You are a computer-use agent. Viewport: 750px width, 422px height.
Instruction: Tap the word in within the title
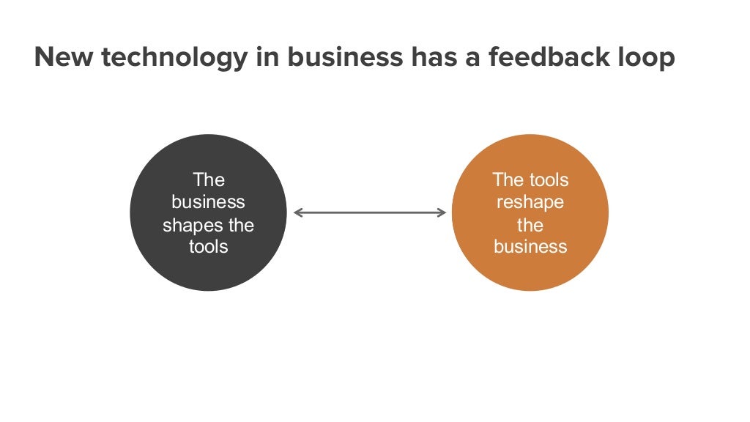click(x=267, y=58)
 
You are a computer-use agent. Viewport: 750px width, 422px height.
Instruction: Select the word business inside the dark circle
click(x=208, y=202)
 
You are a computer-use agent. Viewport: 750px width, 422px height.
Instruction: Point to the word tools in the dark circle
click(x=208, y=247)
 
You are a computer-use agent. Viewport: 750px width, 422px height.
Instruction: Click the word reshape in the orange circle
click(x=530, y=203)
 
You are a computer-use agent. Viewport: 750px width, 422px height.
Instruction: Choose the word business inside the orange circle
click(x=530, y=247)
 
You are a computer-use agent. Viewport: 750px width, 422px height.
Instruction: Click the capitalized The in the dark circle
click(x=208, y=180)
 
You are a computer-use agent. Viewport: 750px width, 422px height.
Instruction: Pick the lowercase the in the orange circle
click(x=530, y=225)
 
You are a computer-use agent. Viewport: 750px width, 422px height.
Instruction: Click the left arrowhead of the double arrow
click(x=297, y=212)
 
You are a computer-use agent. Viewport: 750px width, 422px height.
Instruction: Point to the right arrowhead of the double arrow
click(x=442, y=212)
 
